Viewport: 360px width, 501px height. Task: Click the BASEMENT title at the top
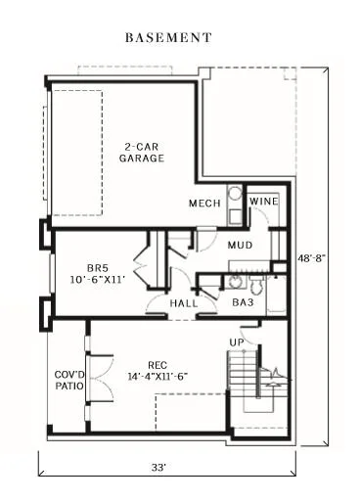(x=168, y=38)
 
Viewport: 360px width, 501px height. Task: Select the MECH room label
(x=203, y=204)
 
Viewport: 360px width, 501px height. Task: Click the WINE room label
(x=264, y=201)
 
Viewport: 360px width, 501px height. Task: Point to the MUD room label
(x=241, y=245)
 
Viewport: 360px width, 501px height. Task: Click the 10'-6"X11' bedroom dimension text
(x=98, y=280)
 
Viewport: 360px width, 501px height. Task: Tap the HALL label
(x=183, y=304)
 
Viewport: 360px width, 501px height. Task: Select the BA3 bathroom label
(x=244, y=304)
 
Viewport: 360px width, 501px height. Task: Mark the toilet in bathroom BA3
(x=256, y=284)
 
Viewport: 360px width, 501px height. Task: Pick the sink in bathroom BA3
(x=234, y=282)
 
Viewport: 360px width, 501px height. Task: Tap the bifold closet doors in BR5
(x=142, y=264)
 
